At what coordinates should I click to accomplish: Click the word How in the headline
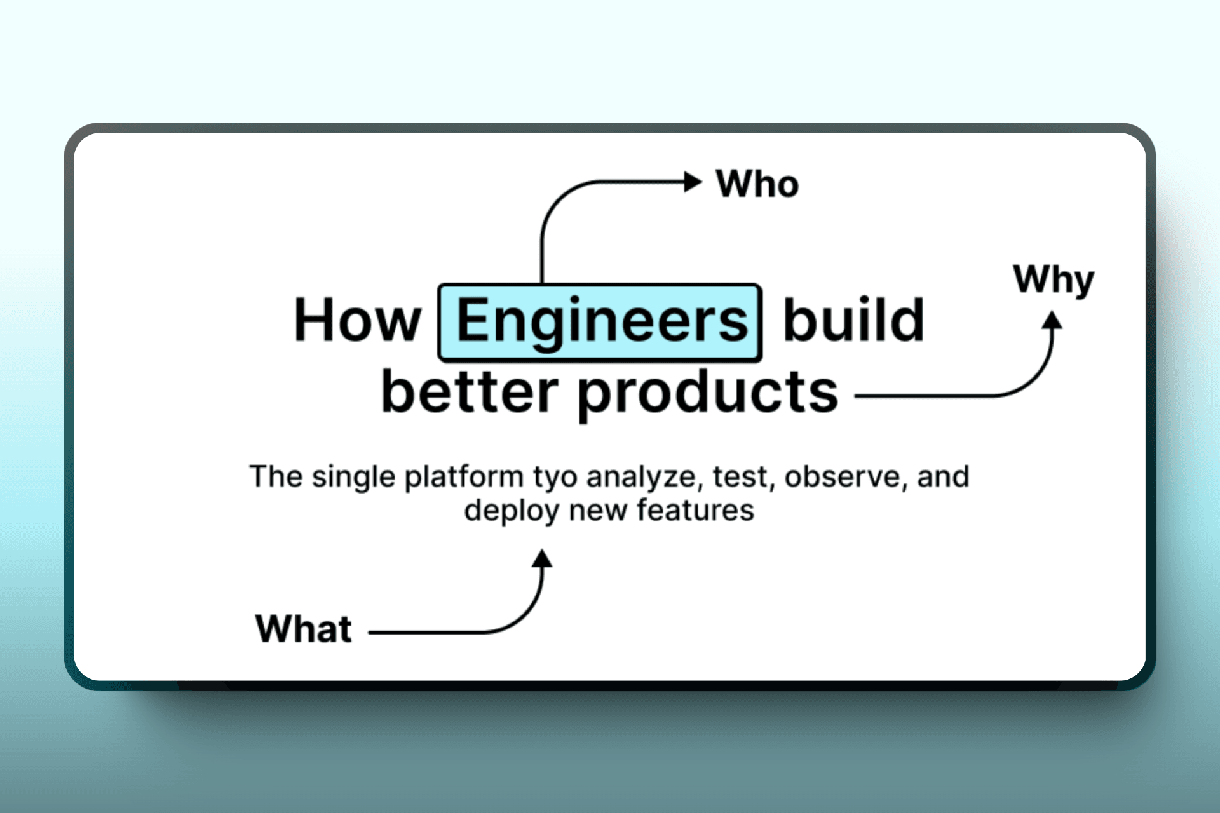click(358, 320)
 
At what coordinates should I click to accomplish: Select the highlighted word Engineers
click(601, 323)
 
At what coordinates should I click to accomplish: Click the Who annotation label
click(757, 184)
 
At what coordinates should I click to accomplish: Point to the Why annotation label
click(1054, 281)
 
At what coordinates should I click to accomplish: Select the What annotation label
click(304, 629)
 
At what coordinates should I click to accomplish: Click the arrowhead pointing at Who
click(693, 182)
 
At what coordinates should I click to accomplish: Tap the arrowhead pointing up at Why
click(1052, 320)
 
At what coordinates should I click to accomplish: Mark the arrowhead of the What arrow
click(542, 559)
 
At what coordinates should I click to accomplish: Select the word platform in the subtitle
click(464, 477)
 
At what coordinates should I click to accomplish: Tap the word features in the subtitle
click(695, 510)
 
